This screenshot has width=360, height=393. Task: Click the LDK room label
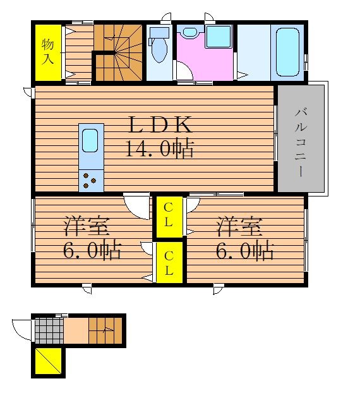[160, 124]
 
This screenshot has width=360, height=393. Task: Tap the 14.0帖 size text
[160, 148]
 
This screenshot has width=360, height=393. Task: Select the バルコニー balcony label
[301, 142]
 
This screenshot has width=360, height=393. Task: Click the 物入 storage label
[47, 52]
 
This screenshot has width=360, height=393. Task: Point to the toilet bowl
[159, 45]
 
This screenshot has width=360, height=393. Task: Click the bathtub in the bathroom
[287, 52]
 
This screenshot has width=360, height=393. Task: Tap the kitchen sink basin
[90, 140]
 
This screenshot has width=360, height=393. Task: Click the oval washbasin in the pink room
[190, 32]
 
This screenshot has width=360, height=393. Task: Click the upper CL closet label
[169, 215]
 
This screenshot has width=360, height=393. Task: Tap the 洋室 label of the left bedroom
[87, 227]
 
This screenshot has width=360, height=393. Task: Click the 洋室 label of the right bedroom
[239, 227]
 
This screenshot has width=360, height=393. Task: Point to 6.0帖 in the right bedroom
[244, 250]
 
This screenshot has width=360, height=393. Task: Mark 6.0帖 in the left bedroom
[92, 250]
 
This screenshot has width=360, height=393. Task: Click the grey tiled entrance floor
[49, 331]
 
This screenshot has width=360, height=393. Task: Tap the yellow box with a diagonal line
[48, 361]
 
